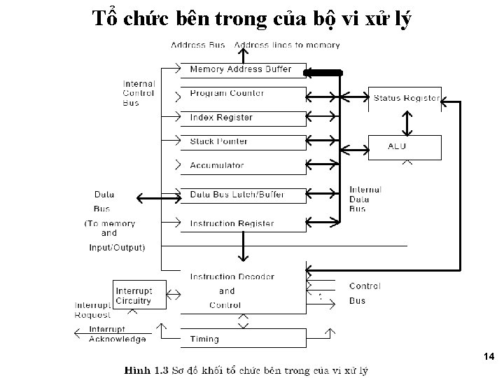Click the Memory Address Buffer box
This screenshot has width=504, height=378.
click(x=242, y=69)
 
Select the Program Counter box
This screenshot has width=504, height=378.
click(x=242, y=93)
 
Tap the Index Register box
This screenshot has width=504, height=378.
click(x=242, y=118)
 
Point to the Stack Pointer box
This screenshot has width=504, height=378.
click(x=242, y=141)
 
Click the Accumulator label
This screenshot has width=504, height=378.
click(x=217, y=166)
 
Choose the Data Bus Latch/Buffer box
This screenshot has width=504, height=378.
click(x=242, y=195)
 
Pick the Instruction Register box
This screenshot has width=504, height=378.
click(x=242, y=224)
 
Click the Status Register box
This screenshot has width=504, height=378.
click(x=406, y=99)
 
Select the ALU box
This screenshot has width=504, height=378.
click(x=406, y=146)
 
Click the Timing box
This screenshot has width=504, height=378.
click(x=242, y=339)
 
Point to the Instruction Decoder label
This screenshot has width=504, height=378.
click(x=232, y=277)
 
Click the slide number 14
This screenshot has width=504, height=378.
click(x=489, y=357)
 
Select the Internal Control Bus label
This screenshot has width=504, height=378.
click(x=140, y=93)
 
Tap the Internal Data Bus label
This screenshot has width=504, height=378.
click(x=365, y=199)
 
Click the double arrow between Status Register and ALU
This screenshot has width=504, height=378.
click(x=406, y=122)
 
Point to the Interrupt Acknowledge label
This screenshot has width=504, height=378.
click(x=117, y=334)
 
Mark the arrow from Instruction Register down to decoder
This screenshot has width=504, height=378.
click(x=243, y=247)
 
